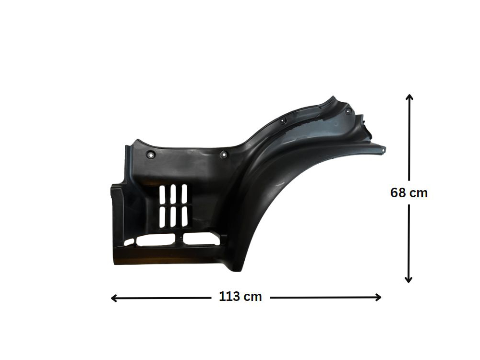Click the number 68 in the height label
[x=397, y=193]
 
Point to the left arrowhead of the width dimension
[x=114, y=298]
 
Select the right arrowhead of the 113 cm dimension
[x=378, y=297]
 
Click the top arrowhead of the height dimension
[x=409, y=97]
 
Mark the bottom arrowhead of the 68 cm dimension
[x=408, y=279]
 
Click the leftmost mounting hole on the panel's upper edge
[x=151, y=155]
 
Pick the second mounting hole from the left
[x=224, y=155]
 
